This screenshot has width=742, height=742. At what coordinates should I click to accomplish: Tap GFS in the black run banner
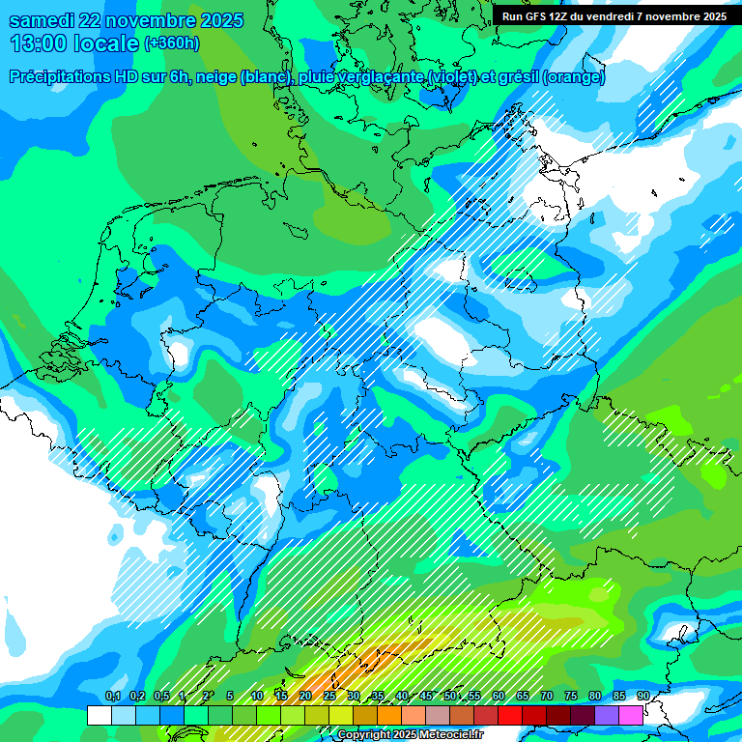tap(535, 16)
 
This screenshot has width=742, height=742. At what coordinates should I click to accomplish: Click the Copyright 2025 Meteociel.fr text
tap(410, 735)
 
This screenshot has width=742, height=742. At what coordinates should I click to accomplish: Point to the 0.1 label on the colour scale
tap(113, 696)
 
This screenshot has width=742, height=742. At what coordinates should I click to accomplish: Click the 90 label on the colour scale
tap(642, 696)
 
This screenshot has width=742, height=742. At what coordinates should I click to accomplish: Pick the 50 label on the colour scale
tap(450, 696)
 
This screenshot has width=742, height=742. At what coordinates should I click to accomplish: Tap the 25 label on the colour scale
tap(329, 696)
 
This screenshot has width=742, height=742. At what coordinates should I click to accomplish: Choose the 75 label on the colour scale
tap(570, 696)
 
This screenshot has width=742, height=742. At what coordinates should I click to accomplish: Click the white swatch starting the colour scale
tap(99, 715)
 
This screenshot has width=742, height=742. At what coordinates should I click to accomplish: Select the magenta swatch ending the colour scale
tap(631, 715)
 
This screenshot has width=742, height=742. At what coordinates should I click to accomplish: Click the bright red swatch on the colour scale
tap(510, 715)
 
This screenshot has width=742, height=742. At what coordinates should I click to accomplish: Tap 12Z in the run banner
tap(559, 16)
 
